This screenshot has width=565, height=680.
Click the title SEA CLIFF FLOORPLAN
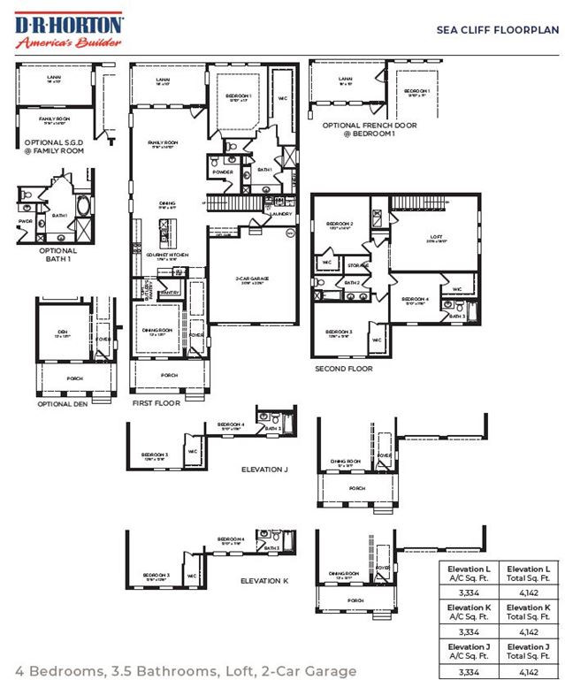click(x=498, y=29)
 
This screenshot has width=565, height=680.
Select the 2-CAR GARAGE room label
click(x=252, y=279)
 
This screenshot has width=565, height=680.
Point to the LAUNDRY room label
click(x=280, y=213)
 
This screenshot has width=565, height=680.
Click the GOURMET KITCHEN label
click(x=163, y=255)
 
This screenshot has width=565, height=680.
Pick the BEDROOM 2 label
click(x=340, y=224)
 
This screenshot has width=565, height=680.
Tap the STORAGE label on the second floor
click(x=357, y=264)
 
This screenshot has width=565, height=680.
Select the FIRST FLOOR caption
click(x=156, y=402)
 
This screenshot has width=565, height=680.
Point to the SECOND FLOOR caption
click(x=344, y=369)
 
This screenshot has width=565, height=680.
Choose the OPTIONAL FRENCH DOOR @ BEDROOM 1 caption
click(x=369, y=130)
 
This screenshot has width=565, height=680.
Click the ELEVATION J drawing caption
click(x=265, y=470)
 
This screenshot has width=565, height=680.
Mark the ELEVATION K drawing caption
click(x=265, y=582)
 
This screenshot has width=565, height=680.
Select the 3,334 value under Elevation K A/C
click(x=468, y=633)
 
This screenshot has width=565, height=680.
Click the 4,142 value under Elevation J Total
click(x=529, y=673)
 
